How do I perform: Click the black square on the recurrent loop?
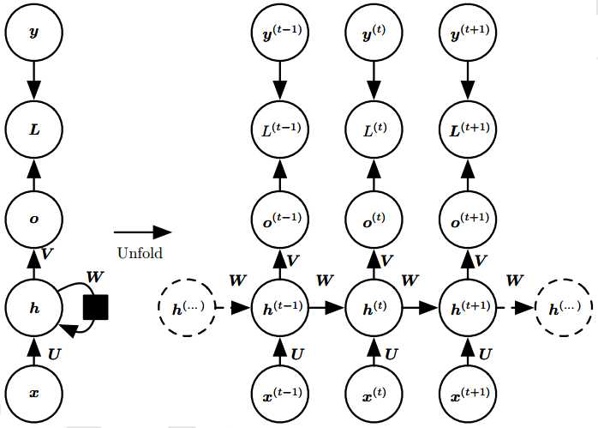point(95,306)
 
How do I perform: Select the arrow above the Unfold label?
point(142,232)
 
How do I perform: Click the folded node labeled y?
point(34,33)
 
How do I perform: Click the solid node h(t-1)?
point(280,306)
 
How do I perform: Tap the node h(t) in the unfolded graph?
point(374,306)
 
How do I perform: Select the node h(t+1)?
point(468,306)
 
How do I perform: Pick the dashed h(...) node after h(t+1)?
point(562,306)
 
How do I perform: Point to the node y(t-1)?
point(280,33)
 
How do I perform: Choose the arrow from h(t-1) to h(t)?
point(327,306)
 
